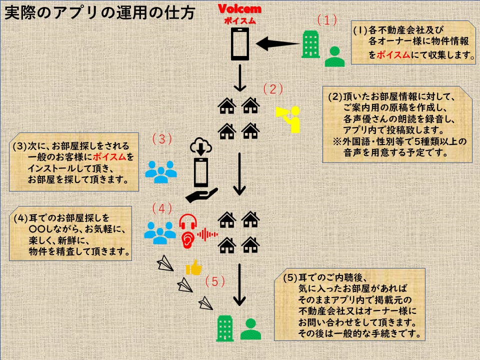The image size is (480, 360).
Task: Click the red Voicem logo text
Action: (x=239, y=9)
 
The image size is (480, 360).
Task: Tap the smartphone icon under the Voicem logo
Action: (x=239, y=43)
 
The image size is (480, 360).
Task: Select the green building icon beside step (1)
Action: (x=311, y=45)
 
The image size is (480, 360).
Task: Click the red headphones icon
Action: (x=188, y=221)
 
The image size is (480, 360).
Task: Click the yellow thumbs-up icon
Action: (x=193, y=268)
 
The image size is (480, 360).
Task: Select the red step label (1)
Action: (x=327, y=20)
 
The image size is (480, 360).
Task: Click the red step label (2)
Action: (x=273, y=89)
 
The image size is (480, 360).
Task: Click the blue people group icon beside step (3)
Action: (x=161, y=171)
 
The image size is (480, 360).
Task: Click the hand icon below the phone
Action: (x=201, y=193)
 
